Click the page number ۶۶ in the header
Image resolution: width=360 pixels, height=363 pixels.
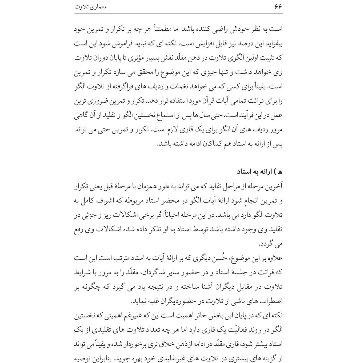coord(278,6)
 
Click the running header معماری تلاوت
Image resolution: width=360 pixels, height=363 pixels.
coord(91,7)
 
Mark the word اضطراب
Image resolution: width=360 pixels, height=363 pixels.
coord(273,301)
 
